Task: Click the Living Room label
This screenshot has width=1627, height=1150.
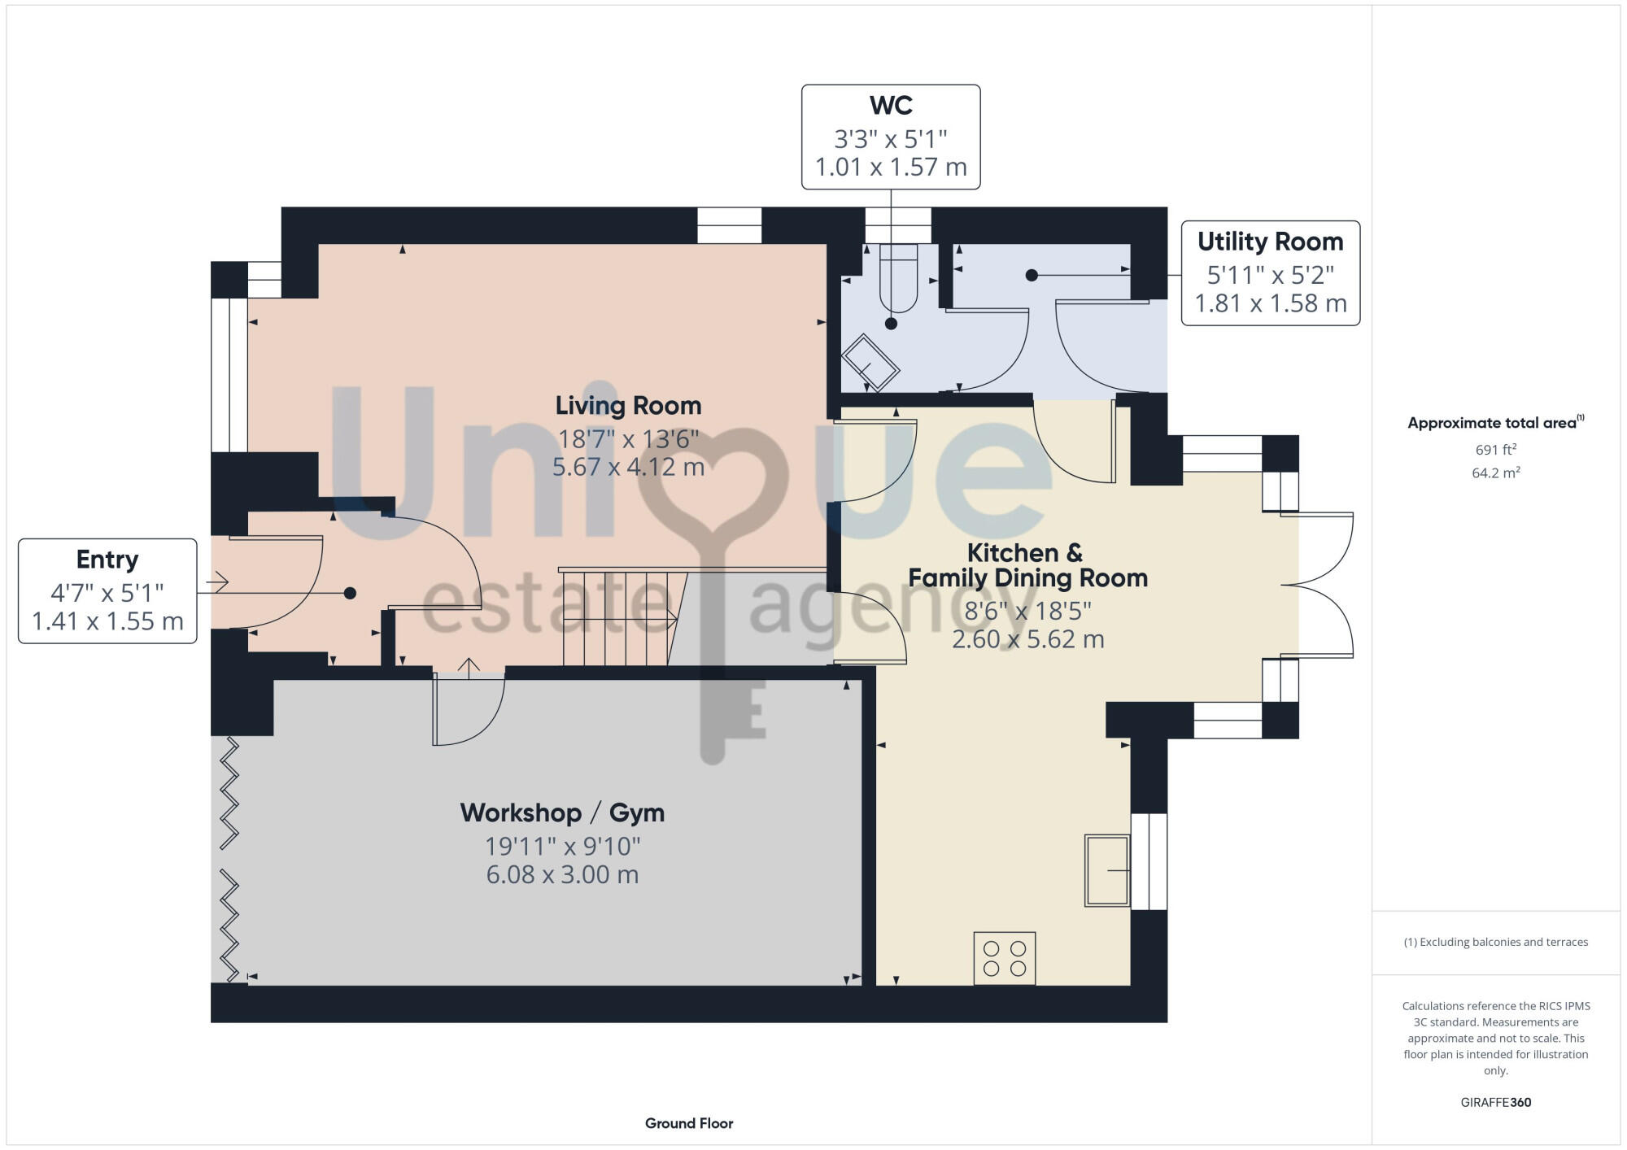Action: tap(628, 405)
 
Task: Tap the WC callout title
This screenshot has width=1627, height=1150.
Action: tap(891, 106)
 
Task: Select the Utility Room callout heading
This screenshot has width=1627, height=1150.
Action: tap(1270, 242)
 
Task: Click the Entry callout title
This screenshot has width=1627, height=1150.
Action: tap(107, 560)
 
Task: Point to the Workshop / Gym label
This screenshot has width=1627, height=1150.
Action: tap(562, 812)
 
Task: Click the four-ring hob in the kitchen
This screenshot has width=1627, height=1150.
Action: tap(1005, 958)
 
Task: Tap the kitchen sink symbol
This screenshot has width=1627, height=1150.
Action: tap(1107, 870)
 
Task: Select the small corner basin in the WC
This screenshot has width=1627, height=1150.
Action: tap(870, 363)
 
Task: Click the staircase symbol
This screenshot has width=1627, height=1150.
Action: tap(622, 618)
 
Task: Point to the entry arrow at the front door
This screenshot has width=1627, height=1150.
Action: tap(217, 582)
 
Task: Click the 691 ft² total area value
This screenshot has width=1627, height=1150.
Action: tap(1495, 449)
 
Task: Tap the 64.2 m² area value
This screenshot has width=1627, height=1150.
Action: tap(1495, 473)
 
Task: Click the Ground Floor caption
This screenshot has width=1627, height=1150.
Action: tap(689, 1123)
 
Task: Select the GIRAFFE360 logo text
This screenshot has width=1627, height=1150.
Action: tap(1495, 1103)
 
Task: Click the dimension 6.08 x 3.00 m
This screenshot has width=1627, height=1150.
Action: tap(562, 875)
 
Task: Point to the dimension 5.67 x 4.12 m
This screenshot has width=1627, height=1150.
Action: tap(628, 467)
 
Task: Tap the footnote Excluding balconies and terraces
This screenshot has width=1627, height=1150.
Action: tap(1495, 942)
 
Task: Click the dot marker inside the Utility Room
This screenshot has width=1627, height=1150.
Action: tap(1032, 275)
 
